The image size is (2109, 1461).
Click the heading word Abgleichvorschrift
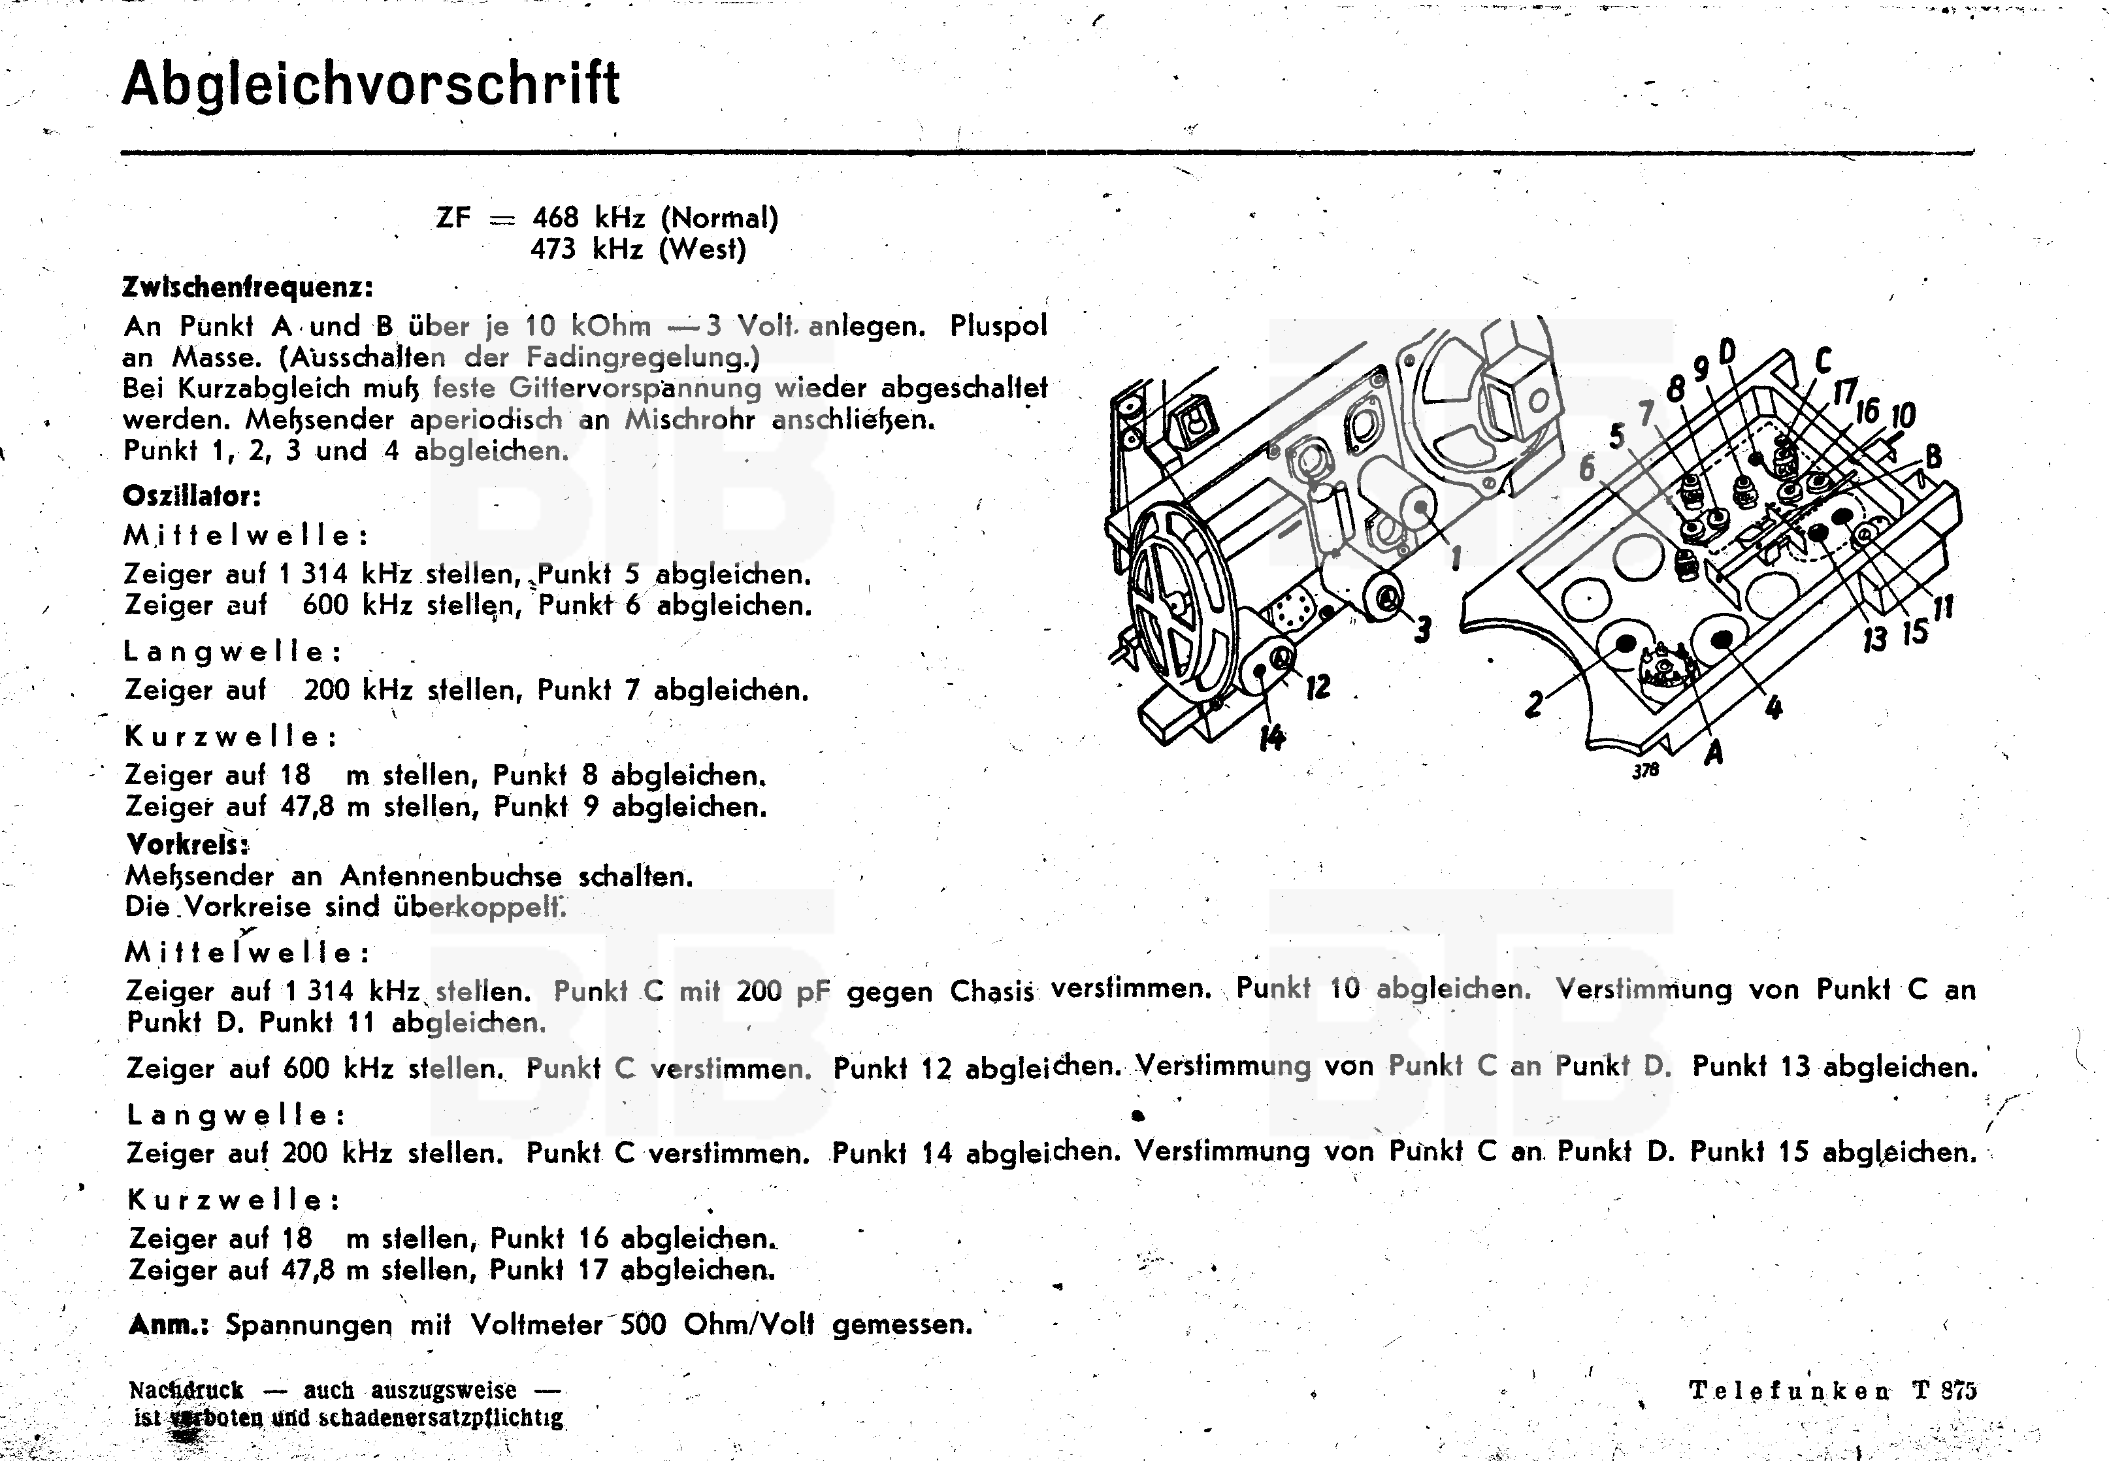[x=370, y=84]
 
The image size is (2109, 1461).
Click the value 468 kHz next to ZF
[x=589, y=218]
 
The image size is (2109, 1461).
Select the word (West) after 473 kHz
[x=703, y=250]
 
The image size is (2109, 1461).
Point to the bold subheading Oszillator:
[x=192, y=496]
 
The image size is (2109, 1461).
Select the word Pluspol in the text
[x=999, y=327]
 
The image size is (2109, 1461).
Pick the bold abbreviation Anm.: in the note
[x=169, y=1324]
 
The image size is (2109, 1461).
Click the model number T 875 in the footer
[x=1944, y=1390]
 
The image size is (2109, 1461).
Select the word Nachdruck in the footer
[x=187, y=1390]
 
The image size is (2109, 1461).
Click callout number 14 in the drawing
[x=1271, y=737]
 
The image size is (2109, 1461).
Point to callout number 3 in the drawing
[x=1422, y=630]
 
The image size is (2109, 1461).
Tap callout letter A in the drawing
[x=1714, y=753]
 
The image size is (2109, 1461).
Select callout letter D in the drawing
[x=1727, y=351]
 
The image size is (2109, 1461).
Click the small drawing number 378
[x=1645, y=771]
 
